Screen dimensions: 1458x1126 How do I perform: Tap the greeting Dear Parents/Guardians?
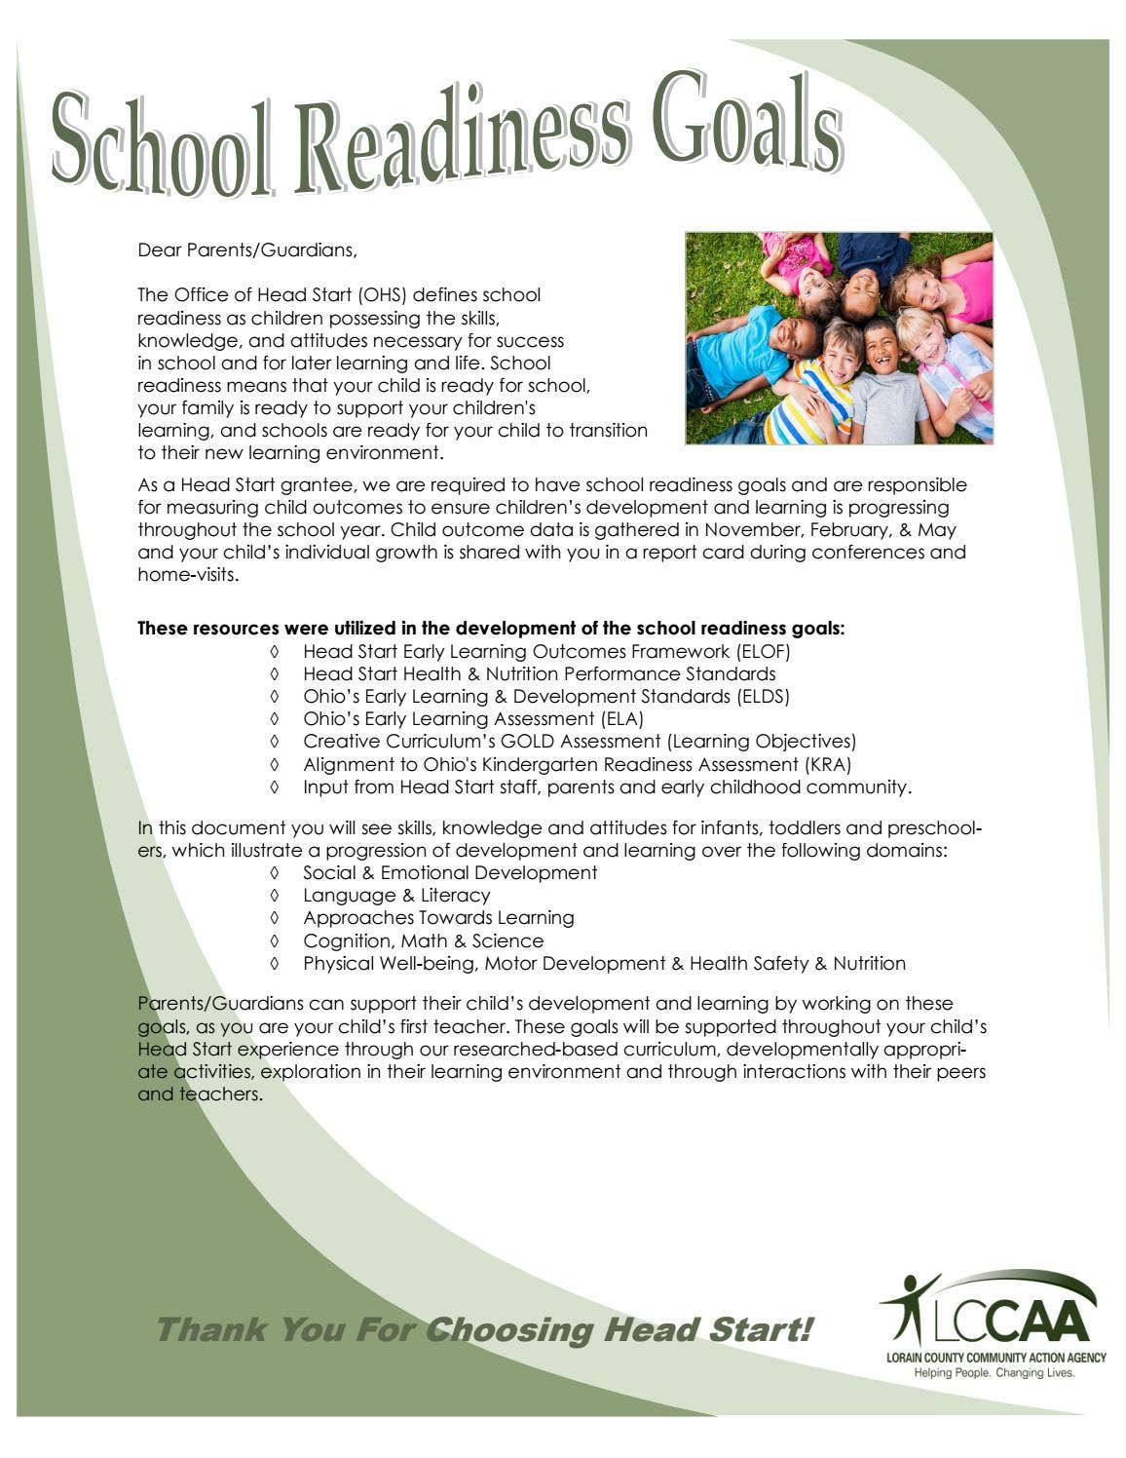click(x=247, y=250)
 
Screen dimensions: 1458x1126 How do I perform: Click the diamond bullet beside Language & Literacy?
click(x=276, y=896)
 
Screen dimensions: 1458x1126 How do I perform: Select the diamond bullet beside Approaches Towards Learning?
click(x=276, y=918)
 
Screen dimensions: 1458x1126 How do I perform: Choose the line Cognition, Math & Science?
click(x=423, y=940)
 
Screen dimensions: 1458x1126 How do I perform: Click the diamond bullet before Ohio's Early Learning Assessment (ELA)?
click(x=276, y=719)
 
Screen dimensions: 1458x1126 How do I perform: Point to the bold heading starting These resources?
click(x=491, y=629)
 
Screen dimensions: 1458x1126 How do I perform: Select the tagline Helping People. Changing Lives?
click(x=993, y=1372)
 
